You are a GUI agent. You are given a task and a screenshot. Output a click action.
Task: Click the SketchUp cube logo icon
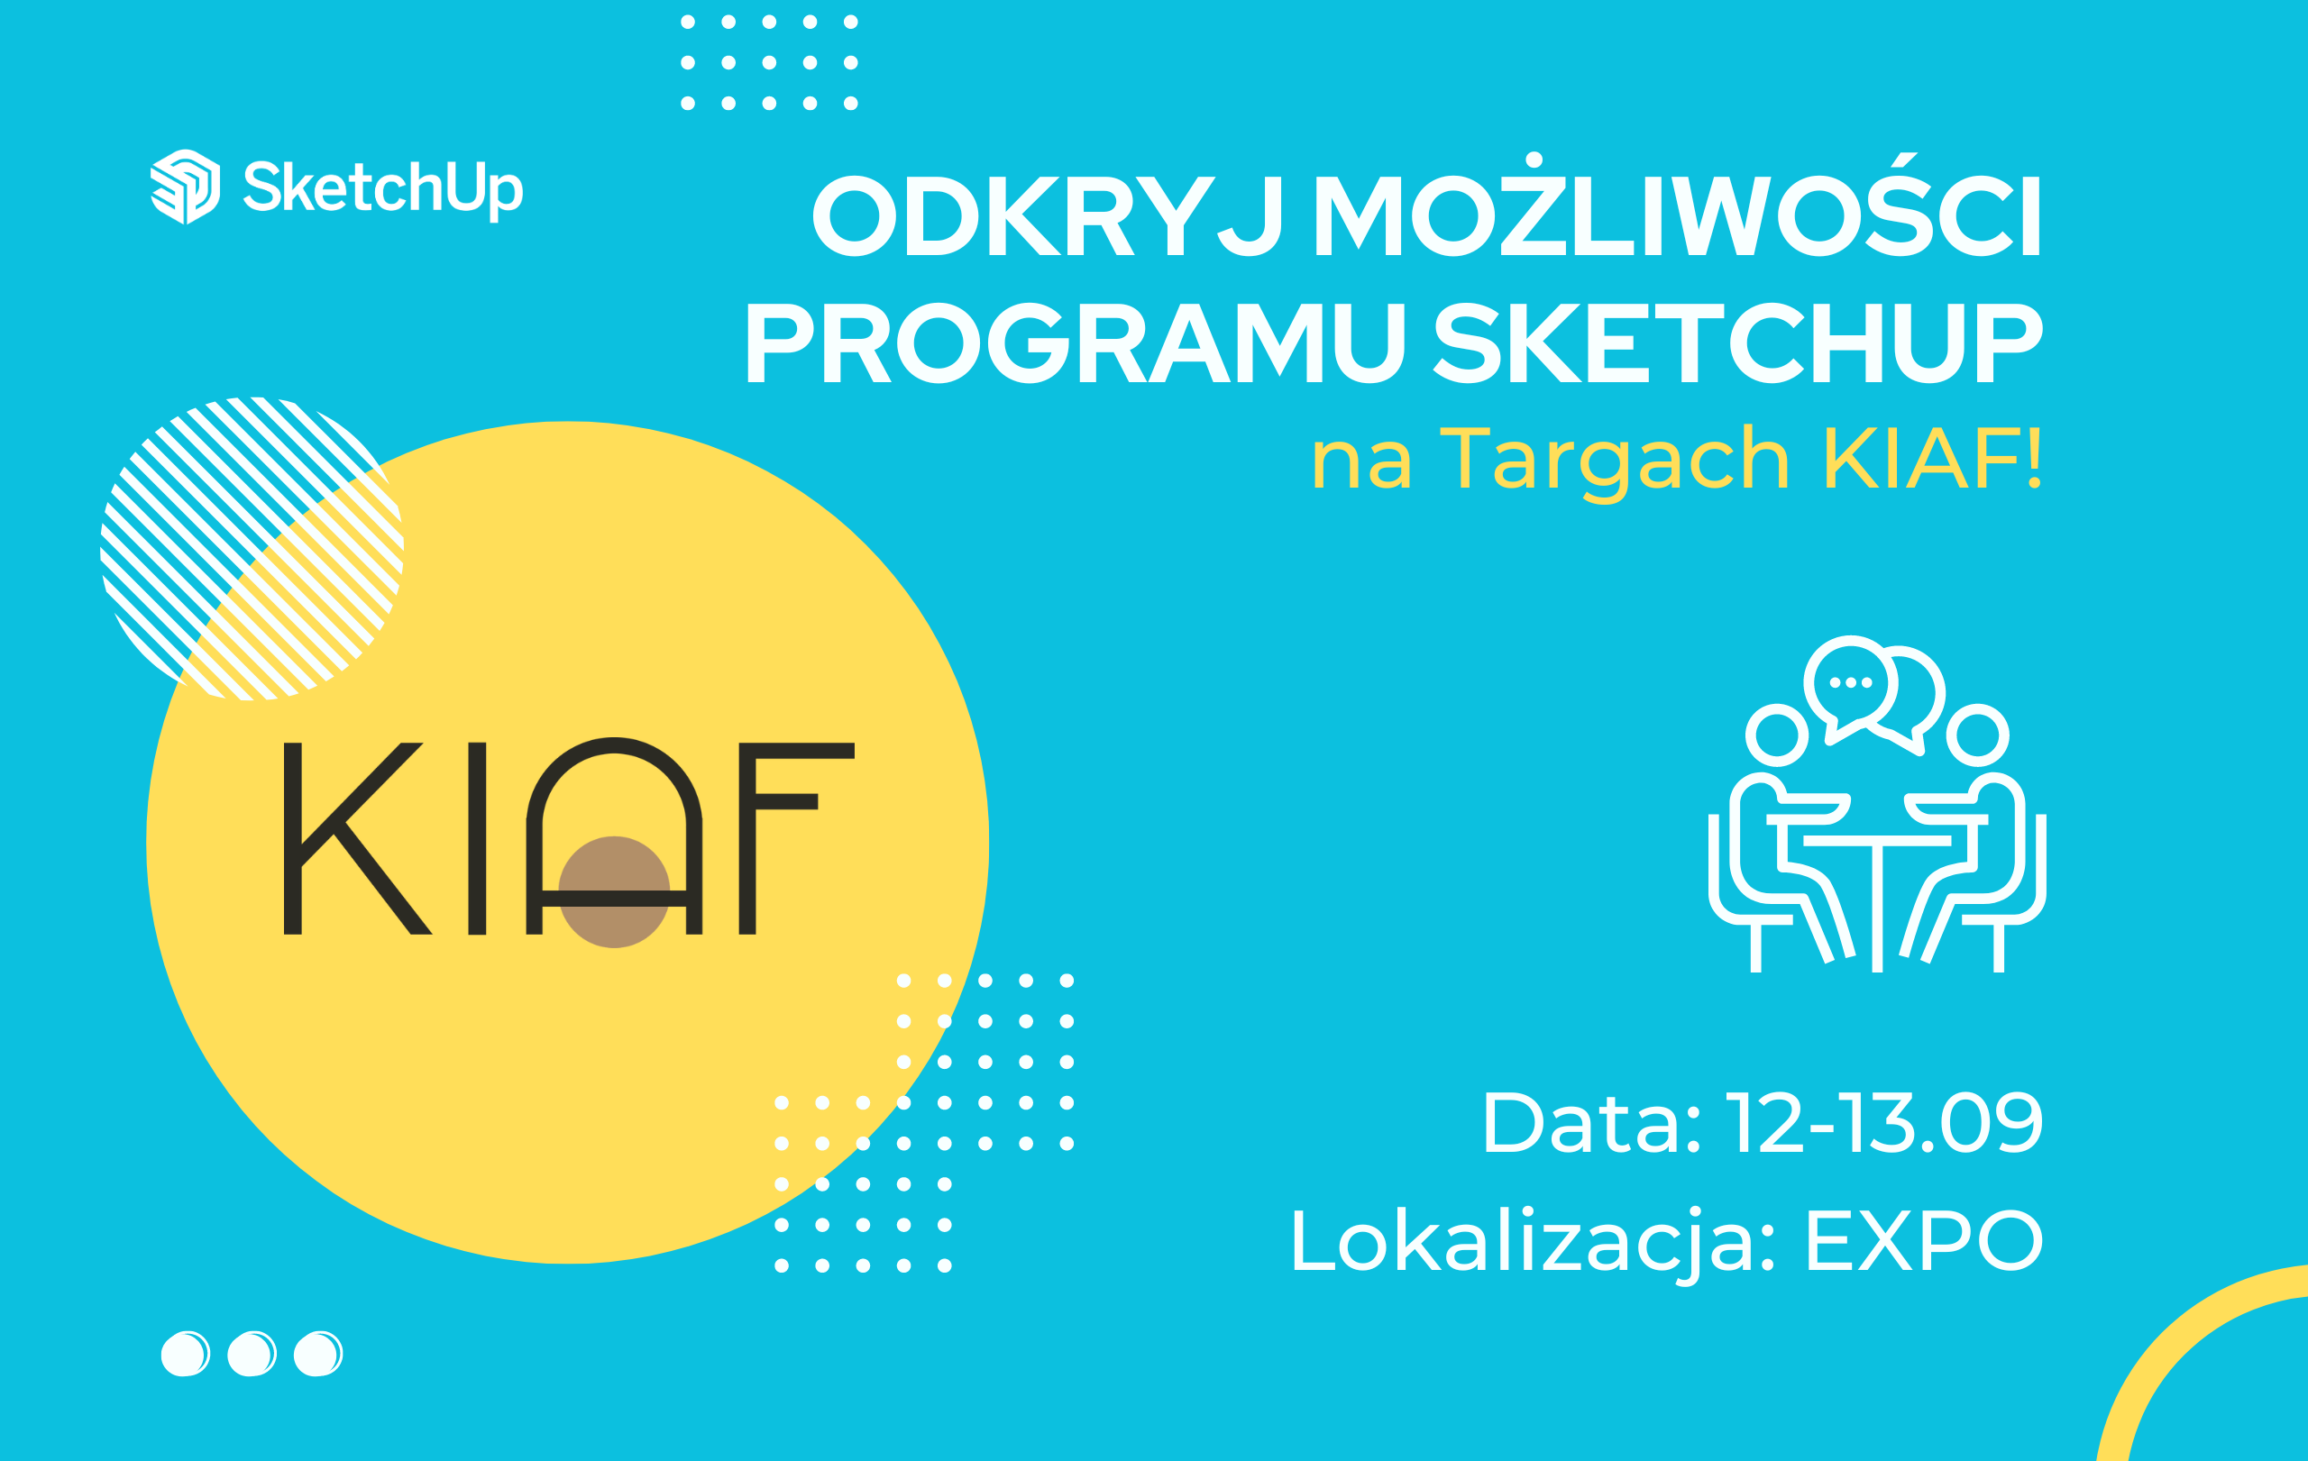[185, 187]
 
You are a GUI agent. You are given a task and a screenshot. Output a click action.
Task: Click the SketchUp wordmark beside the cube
[383, 189]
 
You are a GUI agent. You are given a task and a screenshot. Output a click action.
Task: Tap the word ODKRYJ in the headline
[1048, 215]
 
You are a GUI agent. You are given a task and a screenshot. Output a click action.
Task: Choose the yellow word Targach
[1615, 462]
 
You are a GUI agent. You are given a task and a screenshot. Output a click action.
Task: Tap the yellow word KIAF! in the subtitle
[1932, 459]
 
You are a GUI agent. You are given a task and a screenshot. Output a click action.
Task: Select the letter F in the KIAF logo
[795, 838]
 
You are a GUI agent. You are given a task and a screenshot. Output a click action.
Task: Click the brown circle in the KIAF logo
[614, 892]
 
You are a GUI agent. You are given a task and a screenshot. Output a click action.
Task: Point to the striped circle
[252, 548]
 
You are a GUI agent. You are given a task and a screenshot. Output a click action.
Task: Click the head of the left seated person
[1777, 735]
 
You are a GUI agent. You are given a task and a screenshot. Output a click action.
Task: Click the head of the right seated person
[1977, 735]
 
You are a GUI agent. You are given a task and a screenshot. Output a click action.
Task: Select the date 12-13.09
[1884, 1122]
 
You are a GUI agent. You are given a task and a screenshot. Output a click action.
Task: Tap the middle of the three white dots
[252, 1353]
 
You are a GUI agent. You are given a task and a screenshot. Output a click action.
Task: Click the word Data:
[1592, 1122]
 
